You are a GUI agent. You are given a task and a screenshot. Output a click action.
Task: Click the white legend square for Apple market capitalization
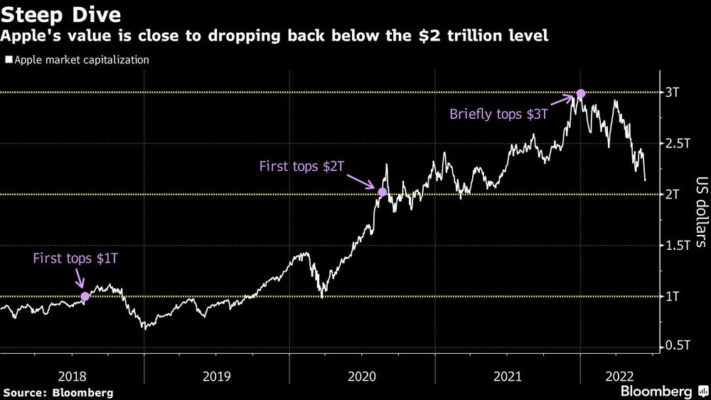tap(8, 60)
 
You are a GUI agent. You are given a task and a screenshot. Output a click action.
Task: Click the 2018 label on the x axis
tap(73, 376)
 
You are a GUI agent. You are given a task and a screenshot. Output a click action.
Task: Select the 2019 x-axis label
tap(217, 376)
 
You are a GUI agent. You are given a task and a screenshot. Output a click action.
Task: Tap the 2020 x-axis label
tap(362, 376)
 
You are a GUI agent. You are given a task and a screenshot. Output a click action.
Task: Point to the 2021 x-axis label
tap(507, 376)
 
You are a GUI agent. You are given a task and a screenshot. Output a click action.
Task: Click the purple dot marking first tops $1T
tap(85, 296)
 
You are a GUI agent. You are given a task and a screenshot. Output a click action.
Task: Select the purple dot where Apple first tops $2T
tap(383, 192)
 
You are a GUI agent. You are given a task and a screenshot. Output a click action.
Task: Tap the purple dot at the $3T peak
tap(581, 93)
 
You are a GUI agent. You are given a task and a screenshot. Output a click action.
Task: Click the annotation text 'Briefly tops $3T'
tap(498, 114)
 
